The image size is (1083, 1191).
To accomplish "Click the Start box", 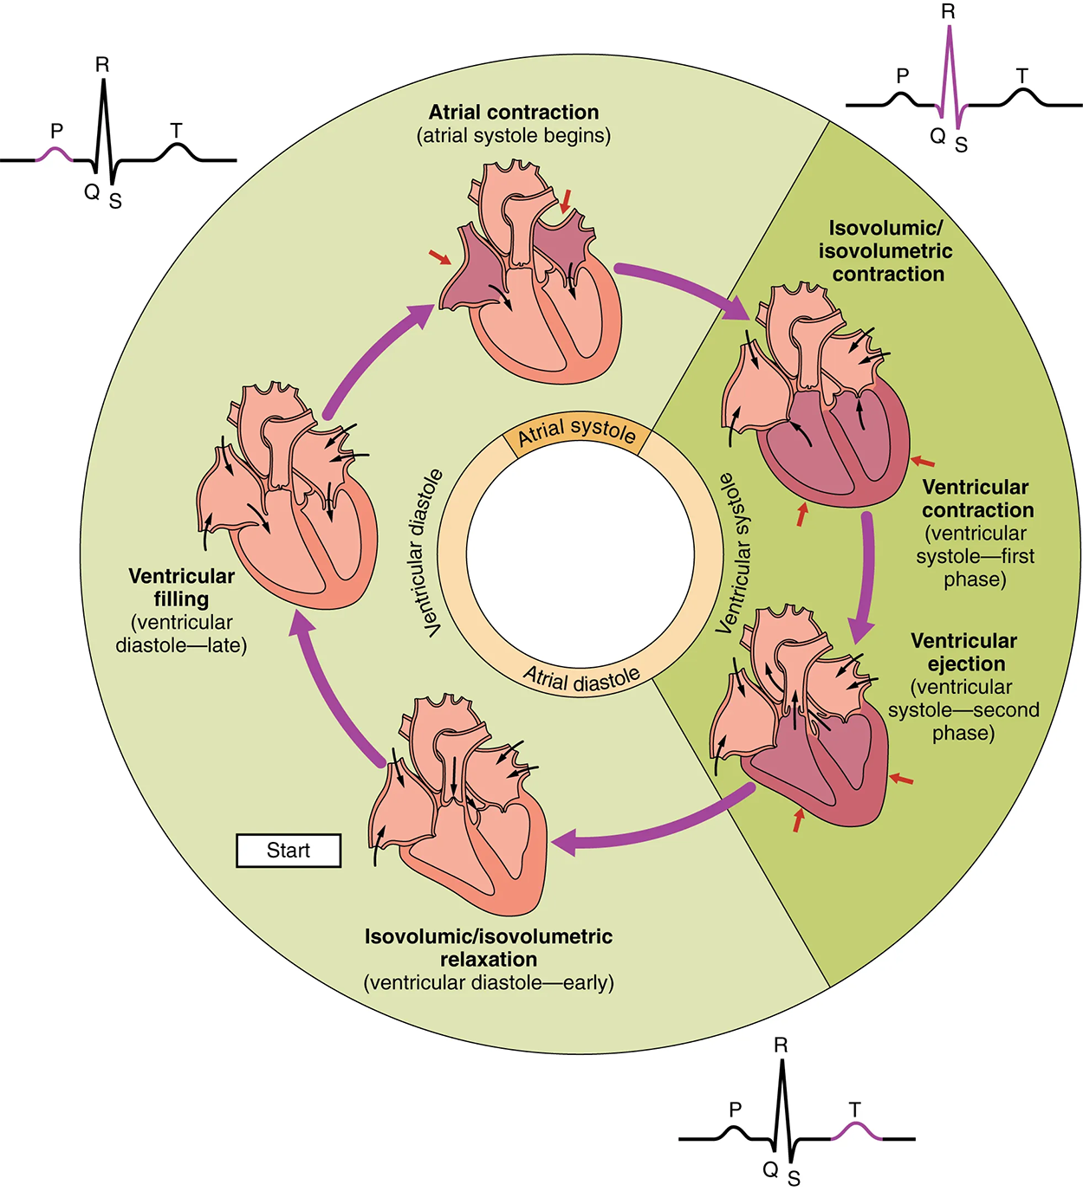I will pos(289,851).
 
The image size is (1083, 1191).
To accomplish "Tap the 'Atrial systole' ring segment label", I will pos(576,431).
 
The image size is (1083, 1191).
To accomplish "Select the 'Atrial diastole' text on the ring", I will pos(581,679).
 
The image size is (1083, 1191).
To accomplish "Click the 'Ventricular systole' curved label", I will pos(733,553).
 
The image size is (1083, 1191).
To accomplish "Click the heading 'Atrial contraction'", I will pos(514,113).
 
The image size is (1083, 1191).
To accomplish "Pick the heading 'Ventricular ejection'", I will pos(963,652).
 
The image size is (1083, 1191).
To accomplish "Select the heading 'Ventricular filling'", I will pos(181,587).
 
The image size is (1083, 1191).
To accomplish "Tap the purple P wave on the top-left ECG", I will pos(55,154).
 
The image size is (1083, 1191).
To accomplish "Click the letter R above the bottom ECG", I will pos(781,1045).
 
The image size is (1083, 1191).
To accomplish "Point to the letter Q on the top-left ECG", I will pos(92,191).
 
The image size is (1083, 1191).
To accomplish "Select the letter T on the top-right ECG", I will pos(1022,76).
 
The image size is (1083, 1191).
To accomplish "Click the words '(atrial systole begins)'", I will pos(514,136).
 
